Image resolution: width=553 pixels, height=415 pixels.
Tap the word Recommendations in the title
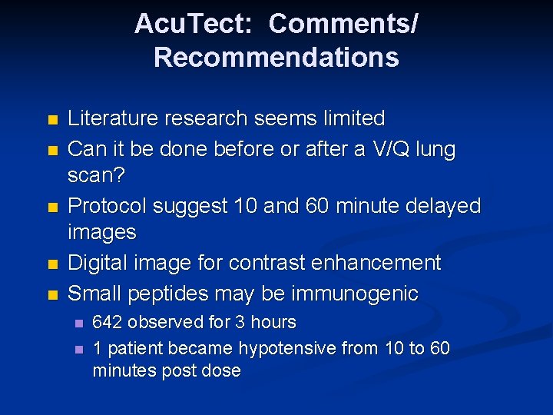coord(276,58)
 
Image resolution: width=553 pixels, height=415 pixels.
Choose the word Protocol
coord(108,206)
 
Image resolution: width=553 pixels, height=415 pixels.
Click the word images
coord(101,232)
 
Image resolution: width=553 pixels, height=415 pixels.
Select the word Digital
coord(95,263)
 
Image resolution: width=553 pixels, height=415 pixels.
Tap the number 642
coord(107,322)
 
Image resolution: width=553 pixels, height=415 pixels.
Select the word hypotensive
coord(288,348)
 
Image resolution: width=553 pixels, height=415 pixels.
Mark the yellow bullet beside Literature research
coord(52,120)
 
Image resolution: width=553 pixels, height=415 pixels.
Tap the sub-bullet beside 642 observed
coord(77,323)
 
